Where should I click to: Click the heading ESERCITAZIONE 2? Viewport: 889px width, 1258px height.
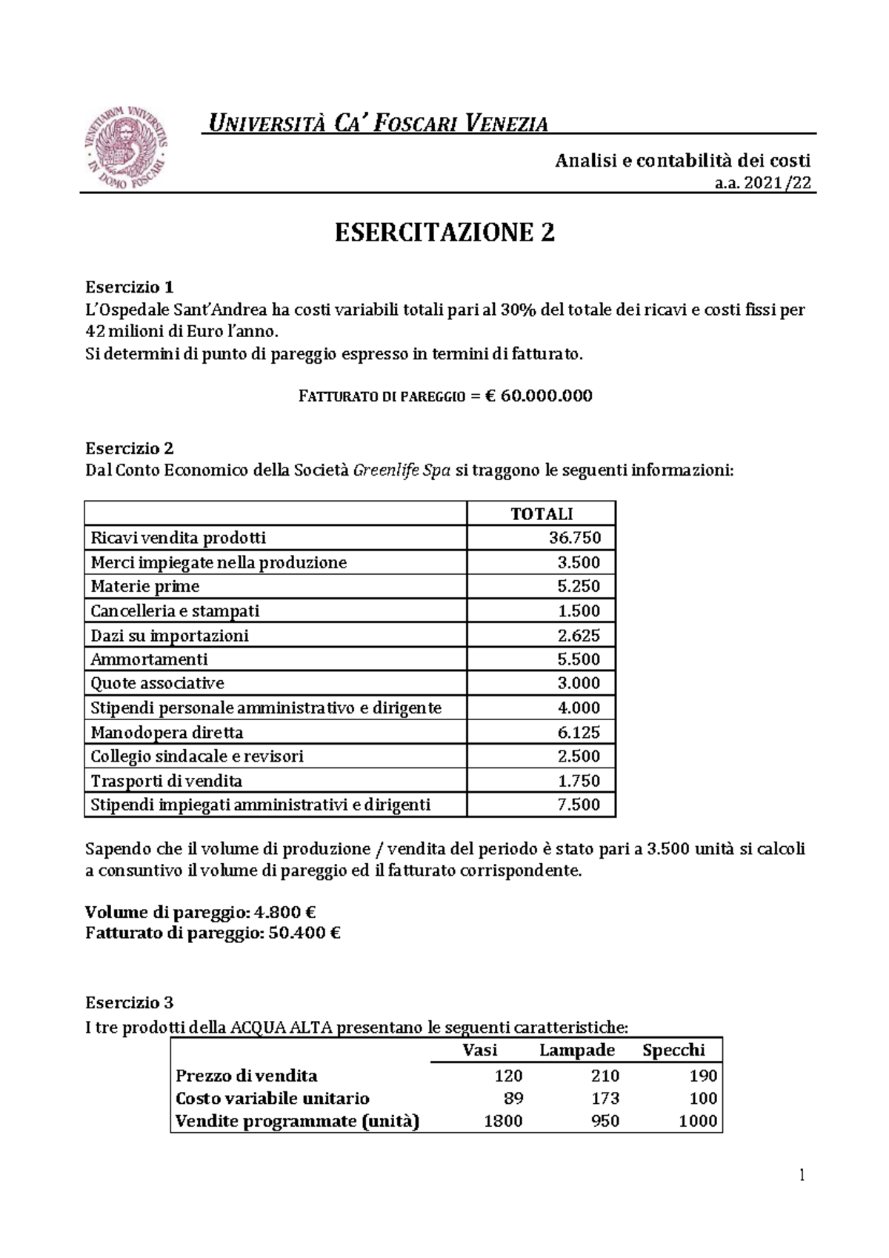[444, 233]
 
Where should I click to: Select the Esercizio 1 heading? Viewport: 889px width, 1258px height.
[130, 287]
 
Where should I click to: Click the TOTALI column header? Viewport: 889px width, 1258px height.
[542, 514]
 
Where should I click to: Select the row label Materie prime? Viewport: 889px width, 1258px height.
[145, 587]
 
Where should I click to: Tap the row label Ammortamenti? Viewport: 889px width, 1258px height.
[149, 659]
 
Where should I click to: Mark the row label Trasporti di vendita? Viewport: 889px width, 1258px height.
[166, 781]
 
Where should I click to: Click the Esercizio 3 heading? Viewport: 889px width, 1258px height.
[130, 1003]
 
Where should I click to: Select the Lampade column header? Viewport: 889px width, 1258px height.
[577, 1051]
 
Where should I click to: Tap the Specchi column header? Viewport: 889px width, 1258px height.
[673, 1051]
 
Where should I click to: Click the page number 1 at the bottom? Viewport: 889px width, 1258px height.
[802, 1176]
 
